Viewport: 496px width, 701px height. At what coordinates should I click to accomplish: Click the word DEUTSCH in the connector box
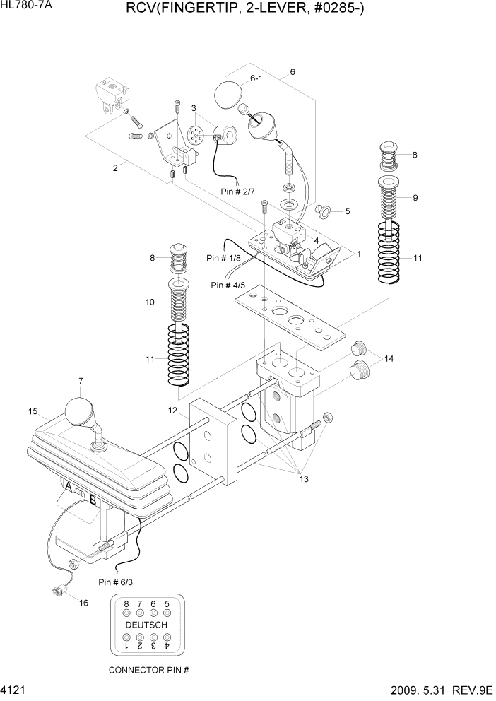tap(146, 625)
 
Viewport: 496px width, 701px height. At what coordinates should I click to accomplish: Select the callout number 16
tap(83, 603)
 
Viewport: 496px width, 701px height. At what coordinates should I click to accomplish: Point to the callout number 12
tap(172, 410)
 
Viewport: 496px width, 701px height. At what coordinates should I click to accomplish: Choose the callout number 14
tap(389, 359)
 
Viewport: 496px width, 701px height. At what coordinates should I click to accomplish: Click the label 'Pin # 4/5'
tap(228, 285)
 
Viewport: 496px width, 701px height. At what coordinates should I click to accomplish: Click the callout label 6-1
tap(255, 78)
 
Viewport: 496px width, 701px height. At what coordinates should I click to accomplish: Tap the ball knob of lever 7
tap(78, 411)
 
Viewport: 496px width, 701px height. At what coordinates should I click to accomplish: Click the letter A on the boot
tap(68, 488)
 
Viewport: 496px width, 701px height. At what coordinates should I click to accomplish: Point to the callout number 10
tap(150, 302)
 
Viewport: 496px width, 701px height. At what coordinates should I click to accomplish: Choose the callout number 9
tap(415, 198)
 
